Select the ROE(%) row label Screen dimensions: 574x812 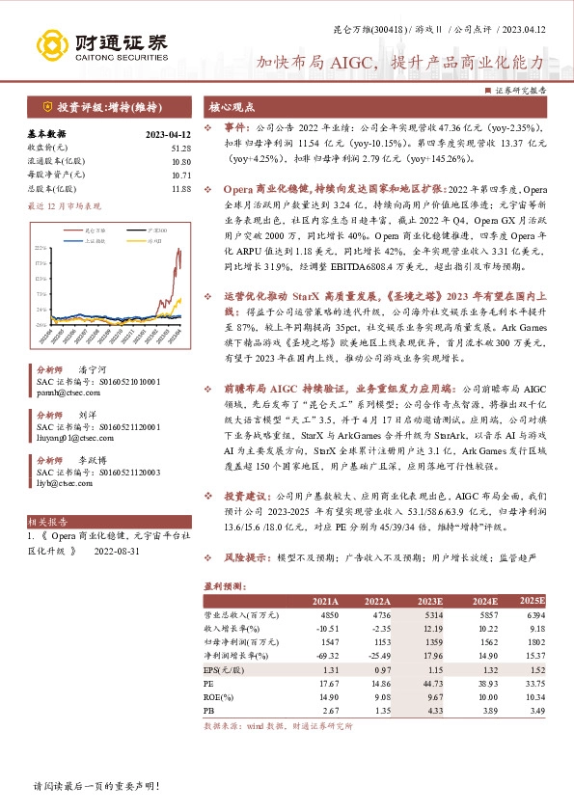[x=220, y=696]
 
